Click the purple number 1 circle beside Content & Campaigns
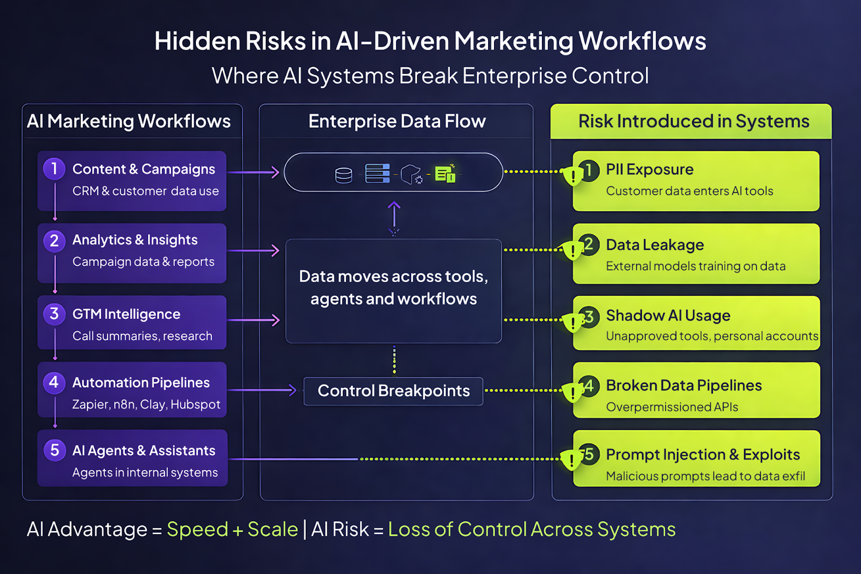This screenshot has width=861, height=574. pyautogui.click(x=54, y=169)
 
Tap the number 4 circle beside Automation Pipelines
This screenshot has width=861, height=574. pyautogui.click(x=54, y=383)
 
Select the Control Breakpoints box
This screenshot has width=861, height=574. pyautogui.click(x=393, y=391)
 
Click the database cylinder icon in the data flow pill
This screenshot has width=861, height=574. pyautogui.click(x=343, y=175)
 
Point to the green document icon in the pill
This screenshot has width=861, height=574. pyautogui.click(x=445, y=173)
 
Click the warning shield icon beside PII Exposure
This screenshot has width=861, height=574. pyautogui.click(x=573, y=176)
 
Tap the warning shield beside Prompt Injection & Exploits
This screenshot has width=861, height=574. pyautogui.click(x=571, y=460)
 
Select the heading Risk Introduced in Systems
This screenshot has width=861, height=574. pyautogui.click(x=693, y=122)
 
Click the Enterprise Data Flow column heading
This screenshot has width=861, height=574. pyautogui.click(x=397, y=122)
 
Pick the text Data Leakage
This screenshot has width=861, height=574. pyautogui.click(x=655, y=245)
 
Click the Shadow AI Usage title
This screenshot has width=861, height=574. pyautogui.click(x=668, y=316)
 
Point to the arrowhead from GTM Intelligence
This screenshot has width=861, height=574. pyautogui.click(x=276, y=320)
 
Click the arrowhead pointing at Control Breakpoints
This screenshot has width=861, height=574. pyautogui.click(x=292, y=390)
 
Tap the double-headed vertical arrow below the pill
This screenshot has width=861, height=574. pyautogui.click(x=394, y=218)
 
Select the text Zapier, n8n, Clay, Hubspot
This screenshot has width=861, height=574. pyautogui.click(x=146, y=404)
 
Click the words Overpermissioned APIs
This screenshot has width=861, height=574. pyautogui.click(x=672, y=407)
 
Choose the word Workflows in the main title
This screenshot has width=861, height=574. pyautogui.click(x=642, y=41)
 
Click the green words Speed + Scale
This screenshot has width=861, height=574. pyautogui.click(x=232, y=529)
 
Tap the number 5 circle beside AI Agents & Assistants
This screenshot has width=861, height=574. pyautogui.click(x=54, y=450)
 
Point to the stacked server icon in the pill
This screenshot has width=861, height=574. pyautogui.click(x=377, y=173)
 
